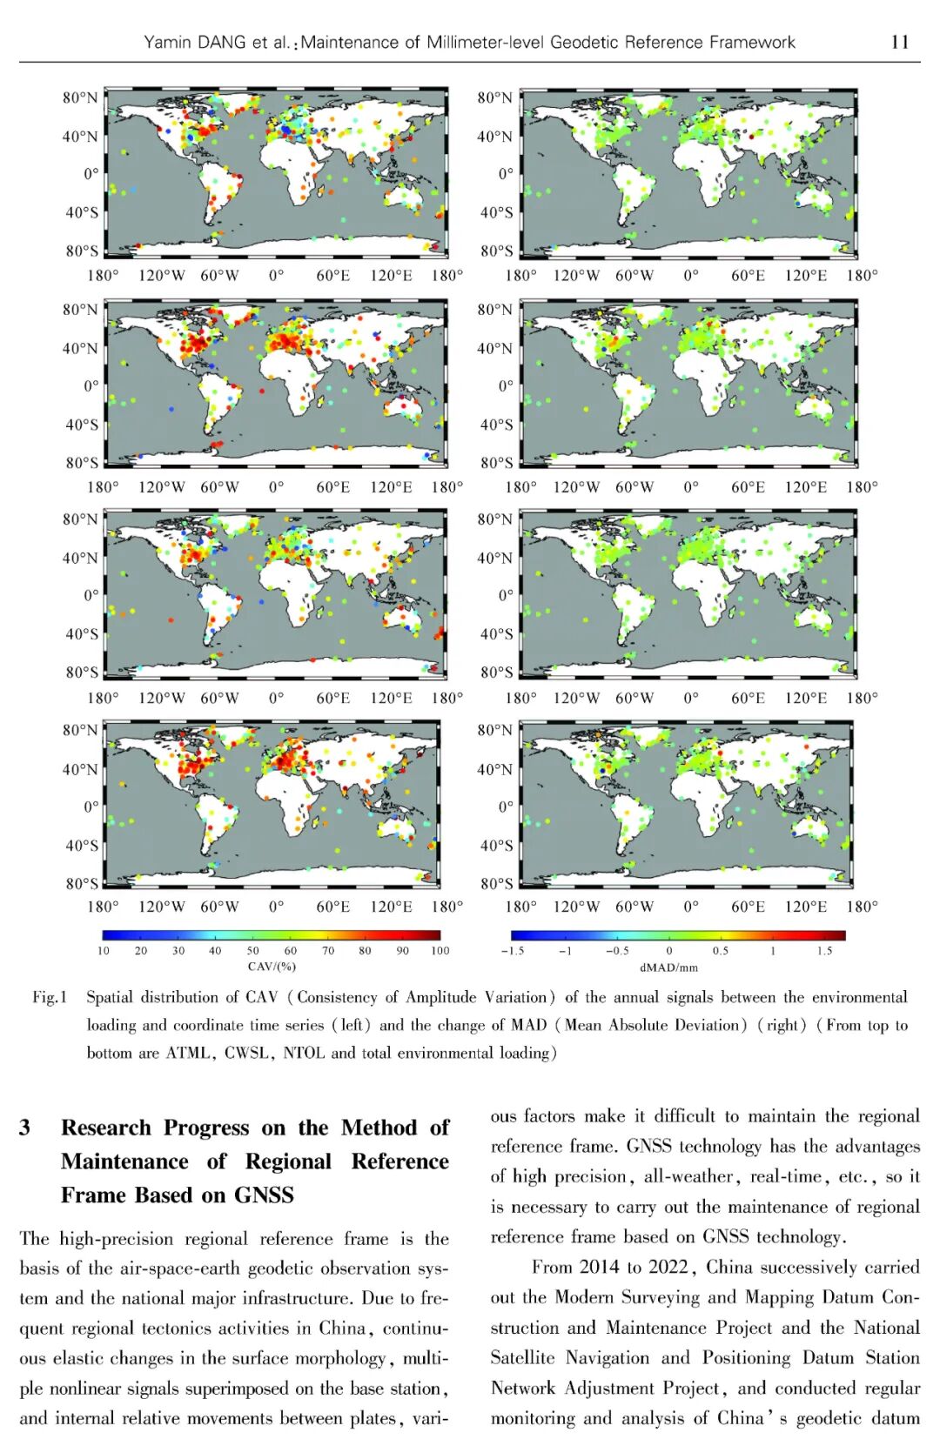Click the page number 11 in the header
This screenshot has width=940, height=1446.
900,42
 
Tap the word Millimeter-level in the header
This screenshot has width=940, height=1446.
484,42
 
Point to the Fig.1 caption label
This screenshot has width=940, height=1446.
50,997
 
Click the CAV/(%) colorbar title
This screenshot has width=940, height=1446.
272,966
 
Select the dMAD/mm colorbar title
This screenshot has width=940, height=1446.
668,967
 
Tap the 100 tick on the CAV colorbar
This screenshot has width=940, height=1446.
440,950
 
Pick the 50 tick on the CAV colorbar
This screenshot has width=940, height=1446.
252,950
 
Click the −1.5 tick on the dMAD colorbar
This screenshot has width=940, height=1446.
513,950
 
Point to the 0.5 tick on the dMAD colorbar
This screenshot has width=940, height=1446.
721,950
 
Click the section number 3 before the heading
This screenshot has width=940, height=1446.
25,1128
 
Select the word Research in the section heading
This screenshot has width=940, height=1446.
105,1128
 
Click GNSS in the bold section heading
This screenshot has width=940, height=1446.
264,1195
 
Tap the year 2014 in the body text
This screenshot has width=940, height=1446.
600,1267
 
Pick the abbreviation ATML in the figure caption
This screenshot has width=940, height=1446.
189,1053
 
